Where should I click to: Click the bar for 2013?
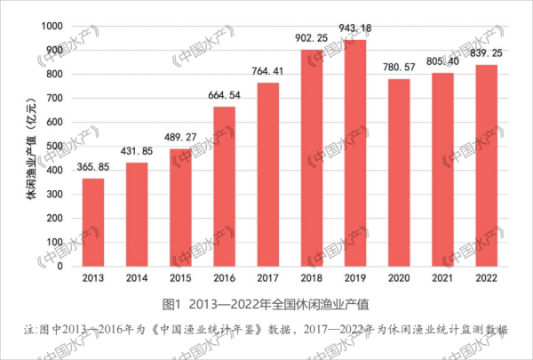click(93, 223)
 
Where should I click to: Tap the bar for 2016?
click(224, 187)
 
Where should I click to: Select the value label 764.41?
click(267, 72)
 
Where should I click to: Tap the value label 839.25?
click(487, 53)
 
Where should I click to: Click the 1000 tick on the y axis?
click(51, 26)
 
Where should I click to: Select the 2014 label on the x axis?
click(137, 278)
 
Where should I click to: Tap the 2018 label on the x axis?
click(311, 278)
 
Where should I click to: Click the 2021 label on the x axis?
click(442, 278)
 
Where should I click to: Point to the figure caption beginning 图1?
click(266, 302)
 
